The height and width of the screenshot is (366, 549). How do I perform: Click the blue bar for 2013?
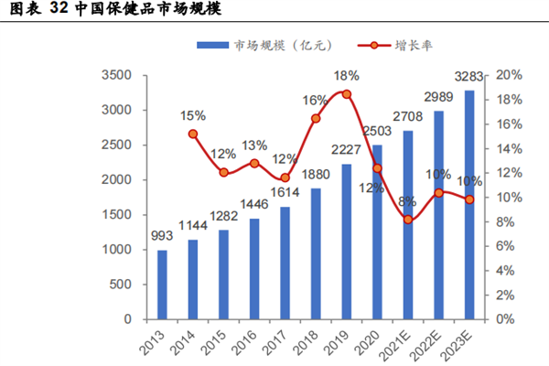163,285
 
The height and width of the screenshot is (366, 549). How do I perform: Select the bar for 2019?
347,242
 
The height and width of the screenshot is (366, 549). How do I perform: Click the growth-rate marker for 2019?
347,93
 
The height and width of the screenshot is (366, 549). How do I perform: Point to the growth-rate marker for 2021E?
408,220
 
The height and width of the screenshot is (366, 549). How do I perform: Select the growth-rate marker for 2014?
193,134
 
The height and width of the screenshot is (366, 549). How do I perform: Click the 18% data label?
346,76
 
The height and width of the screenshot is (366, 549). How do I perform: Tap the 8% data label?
408,201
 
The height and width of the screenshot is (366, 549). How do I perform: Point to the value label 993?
162,237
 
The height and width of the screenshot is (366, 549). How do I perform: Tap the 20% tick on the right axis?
507,75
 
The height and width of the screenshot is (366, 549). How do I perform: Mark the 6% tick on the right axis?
504,246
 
